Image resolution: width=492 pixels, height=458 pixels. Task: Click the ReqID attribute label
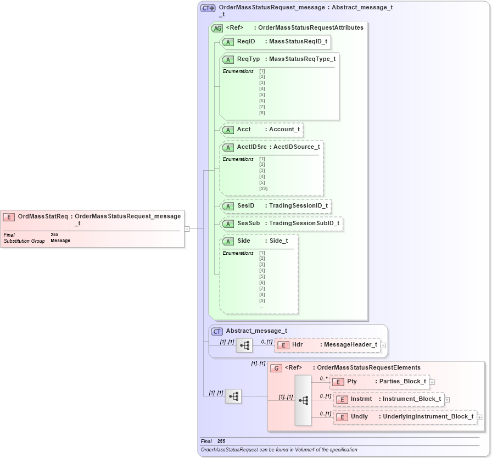[x=245, y=42]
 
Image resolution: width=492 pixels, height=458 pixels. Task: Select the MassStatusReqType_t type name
[x=302, y=59]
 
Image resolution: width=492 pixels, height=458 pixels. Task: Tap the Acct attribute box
[x=261, y=130]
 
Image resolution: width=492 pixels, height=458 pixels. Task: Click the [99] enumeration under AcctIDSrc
[x=263, y=189]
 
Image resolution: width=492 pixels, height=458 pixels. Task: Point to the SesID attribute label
[x=245, y=206]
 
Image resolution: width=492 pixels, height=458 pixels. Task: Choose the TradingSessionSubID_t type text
[x=304, y=224]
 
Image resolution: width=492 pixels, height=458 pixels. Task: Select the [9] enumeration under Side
[x=262, y=300]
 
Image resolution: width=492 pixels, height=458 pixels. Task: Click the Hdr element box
[x=327, y=345]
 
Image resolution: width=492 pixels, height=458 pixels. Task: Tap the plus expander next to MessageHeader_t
[x=383, y=345]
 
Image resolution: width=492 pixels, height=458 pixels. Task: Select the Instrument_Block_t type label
[x=412, y=399]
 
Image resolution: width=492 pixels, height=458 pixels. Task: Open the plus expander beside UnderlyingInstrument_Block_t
[x=480, y=417]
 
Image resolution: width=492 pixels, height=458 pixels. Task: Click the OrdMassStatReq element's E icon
[x=9, y=217]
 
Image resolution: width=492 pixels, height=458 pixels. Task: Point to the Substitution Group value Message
[x=60, y=241]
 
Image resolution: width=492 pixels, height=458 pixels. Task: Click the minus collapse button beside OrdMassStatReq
[x=187, y=229]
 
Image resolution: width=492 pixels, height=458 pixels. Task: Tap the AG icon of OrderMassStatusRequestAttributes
[x=217, y=28]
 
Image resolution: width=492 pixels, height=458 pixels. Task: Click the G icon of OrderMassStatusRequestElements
[x=277, y=368]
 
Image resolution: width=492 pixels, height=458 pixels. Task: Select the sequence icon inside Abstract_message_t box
[x=244, y=345]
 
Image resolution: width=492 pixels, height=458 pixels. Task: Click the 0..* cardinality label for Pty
[x=324, y=378]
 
